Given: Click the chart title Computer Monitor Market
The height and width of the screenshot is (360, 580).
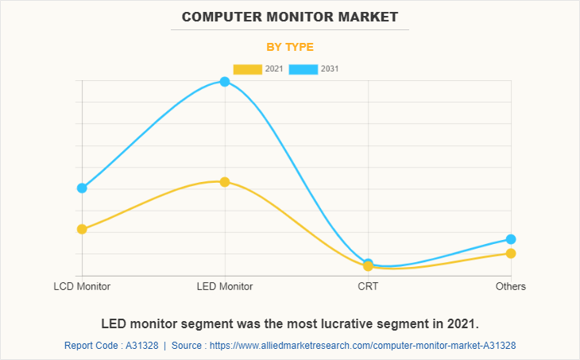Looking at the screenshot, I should point(290,16).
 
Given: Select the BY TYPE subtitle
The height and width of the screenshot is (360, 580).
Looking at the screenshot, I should point(290,47).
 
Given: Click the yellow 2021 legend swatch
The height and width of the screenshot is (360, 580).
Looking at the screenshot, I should point(247,69).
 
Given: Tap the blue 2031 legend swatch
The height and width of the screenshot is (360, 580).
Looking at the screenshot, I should point(303,69).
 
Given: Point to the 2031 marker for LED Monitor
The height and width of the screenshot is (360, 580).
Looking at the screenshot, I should point(225,81).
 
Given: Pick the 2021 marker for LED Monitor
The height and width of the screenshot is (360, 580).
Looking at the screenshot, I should point(225,182).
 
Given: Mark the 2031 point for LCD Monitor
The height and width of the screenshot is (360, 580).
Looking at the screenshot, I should point(82,188).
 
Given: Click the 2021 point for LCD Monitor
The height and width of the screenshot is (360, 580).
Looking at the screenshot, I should point(82,229).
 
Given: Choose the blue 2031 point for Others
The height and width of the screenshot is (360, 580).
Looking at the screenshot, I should point(511,239).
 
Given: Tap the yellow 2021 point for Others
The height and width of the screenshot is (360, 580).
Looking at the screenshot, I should point(511,254).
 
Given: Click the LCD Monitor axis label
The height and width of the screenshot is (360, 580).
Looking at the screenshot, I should point(82,286).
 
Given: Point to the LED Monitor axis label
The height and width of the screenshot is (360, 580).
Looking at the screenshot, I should point(225,286).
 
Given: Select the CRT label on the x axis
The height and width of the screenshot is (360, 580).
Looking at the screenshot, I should point(368,286).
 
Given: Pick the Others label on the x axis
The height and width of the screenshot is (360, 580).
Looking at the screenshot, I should point(511,286).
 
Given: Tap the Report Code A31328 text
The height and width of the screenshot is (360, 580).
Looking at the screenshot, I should point(110,346).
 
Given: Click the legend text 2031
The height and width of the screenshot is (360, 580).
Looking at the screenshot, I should point(330,69).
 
